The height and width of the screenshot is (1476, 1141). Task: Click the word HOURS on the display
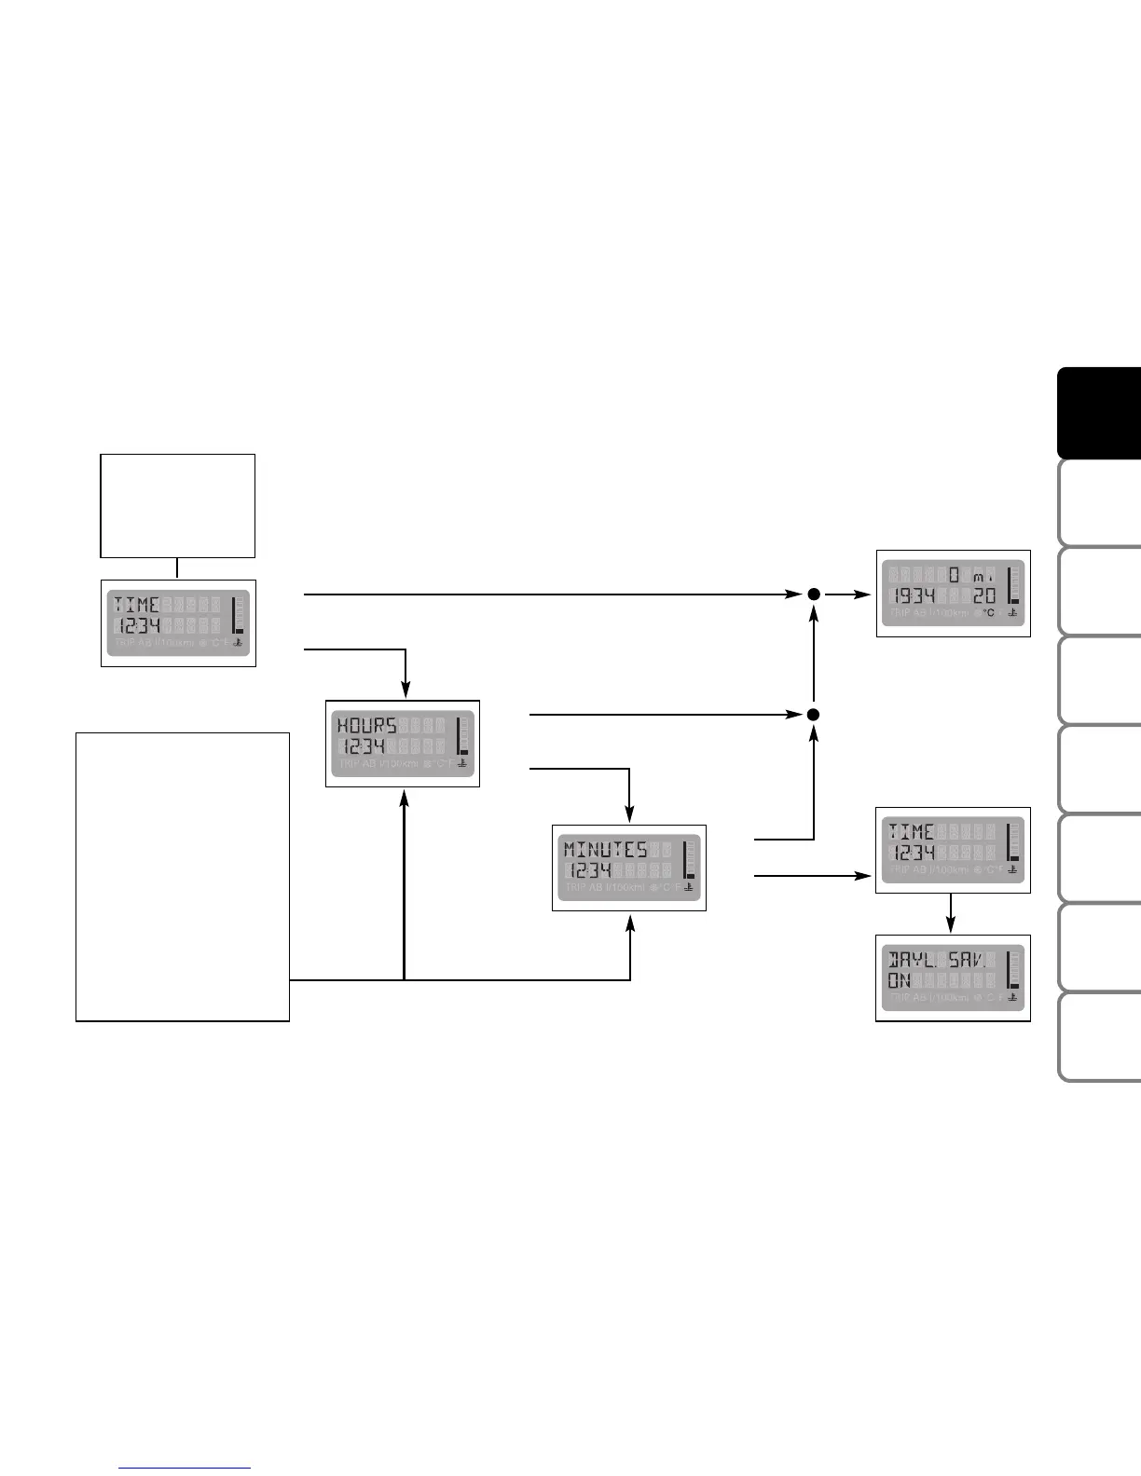tap(367, 725)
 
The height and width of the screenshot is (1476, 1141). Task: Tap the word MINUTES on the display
tap(605, 849)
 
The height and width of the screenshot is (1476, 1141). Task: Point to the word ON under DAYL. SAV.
tap(900, 980)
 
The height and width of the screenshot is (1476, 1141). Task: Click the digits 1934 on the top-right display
tap(912, 595)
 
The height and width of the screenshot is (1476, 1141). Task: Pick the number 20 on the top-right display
tap(984, 595)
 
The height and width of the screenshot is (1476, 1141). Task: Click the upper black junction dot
tap(814, 594)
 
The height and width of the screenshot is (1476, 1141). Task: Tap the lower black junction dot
tap(814, 715)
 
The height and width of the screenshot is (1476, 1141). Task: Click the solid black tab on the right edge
tap(1100, 413)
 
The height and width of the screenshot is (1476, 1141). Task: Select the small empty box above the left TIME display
tap(177, 505)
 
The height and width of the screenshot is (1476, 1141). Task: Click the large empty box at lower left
tap(182, 877)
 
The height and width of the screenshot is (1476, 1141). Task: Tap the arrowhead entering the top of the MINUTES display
tap(630, 815)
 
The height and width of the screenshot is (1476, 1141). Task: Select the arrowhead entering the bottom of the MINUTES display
tap(631, 921)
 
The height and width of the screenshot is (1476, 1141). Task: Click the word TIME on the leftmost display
tap(137, 604)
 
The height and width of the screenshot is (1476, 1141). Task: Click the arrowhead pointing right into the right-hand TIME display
tap(865, 876)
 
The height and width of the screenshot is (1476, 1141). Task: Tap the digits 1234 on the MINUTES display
tap(591, 870)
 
